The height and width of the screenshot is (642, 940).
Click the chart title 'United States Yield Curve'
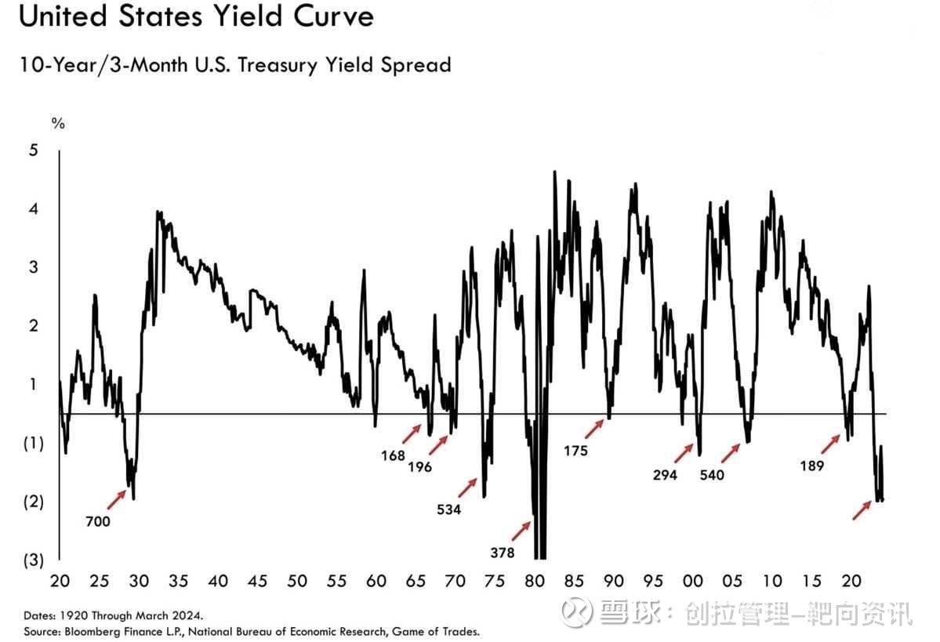(x=196, y=17)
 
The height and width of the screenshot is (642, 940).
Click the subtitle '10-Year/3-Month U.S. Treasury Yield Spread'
(x=235, y=64)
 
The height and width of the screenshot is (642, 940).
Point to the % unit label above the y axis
(x=57, y=122)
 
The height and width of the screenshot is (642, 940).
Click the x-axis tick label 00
(x=693, y=582)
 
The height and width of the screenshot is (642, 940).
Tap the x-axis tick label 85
(x=574, y=582)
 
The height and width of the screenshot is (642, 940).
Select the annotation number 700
(x=98, y=521)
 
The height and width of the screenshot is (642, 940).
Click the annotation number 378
(x=502, y=553)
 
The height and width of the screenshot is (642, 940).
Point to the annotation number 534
(x=448, y=510)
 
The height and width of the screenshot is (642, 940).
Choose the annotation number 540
(x=712, y=475)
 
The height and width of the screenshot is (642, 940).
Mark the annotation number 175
(x=575, y=451)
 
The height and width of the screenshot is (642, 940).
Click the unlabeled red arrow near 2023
(x=862, y=510)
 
